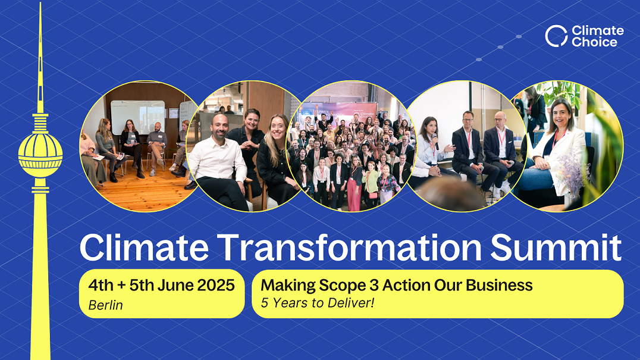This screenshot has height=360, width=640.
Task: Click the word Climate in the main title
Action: [144, 248]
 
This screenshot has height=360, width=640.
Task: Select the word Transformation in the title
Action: [349, 248]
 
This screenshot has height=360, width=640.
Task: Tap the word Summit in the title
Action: [556, 248]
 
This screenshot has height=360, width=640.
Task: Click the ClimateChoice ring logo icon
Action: [556, 36]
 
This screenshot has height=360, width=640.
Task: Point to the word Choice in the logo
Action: [594, 42]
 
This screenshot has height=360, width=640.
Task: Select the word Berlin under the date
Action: [105, 305]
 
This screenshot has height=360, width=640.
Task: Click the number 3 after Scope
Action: [374, 285]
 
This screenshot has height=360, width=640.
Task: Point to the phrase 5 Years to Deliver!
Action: [318, 303]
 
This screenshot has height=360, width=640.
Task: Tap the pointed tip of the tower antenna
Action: [40, 3]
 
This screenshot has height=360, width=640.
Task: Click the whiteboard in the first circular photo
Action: [138, 116]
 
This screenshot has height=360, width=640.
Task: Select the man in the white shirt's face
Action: [221, 127]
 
